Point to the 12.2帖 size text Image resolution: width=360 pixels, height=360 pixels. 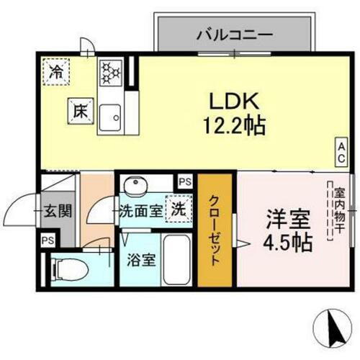pyautogui.click(x=233, y=127)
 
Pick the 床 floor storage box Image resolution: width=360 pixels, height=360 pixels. pyautogui.click(x=78, y=111)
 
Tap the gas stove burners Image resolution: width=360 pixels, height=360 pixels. pyautogui.click(x=112, y=71)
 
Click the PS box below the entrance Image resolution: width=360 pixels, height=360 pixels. pyautogui.click(x=48, y=240)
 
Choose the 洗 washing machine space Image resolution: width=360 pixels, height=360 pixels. pyautogui.click(x=176, y=209)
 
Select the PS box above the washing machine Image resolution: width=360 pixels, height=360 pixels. pyautogui.click(x=185, y=181)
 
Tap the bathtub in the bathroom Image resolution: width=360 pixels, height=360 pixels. pyautogui.click(x=176, y=261)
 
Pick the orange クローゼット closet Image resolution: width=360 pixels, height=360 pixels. pyautogui.click(x=216, y=230)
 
